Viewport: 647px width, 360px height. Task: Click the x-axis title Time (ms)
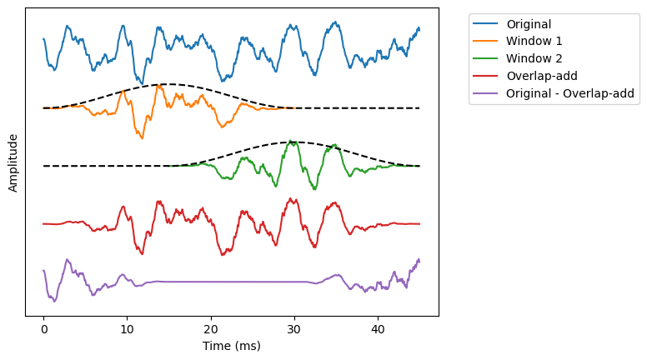tap(232, 346)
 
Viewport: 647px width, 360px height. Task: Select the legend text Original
tap(529, 23)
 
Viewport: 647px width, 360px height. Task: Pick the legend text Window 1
tap(534, 41)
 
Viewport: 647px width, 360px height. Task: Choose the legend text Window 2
tap(534, 58)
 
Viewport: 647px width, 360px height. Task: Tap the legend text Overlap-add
tap(542, 76)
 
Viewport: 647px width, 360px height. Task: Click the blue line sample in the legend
tap(486, 23)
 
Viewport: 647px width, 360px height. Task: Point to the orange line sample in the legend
tap(486, 41)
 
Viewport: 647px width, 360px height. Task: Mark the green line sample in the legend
tap(486, 58)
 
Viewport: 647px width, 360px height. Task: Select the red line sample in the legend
tap(486, 76)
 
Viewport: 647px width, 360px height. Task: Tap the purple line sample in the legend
tap(486, 93)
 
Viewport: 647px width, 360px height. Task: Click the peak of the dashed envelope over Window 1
tap(168, 84)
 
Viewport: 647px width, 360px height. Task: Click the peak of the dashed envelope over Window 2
tap(294, 142)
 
